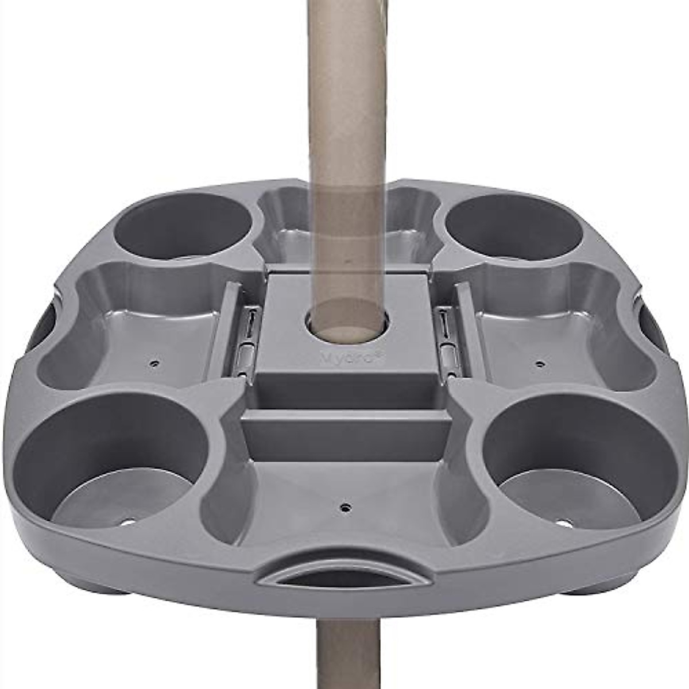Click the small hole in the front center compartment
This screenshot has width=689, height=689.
pyautogui.click(x=344, y=507)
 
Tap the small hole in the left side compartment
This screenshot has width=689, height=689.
pyautogui.click(x=154, y=363)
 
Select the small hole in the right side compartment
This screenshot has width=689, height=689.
pyautogui.click(x=538, y=363)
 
